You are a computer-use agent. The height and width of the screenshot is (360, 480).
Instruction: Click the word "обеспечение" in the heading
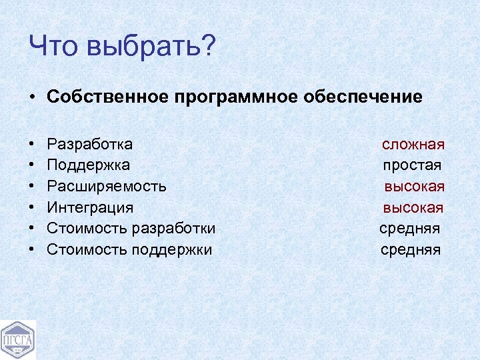pyautogui.click(x=364, y=97)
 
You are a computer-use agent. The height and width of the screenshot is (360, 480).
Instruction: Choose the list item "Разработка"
pyautogui.click(x=90, y=145)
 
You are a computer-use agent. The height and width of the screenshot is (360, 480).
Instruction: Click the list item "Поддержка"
pyautogui.click(x=89, y=165)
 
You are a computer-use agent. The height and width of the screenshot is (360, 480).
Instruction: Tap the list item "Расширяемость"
pyautogui.click(x=107, y=187)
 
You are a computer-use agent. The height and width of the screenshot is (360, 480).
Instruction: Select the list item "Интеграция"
pyautogui.click(x=90, y=208)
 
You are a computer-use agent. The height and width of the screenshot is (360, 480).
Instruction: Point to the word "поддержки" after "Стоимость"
pyautogui.click(x=172, y=250)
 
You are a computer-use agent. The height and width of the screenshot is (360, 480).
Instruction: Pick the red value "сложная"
pyautogui.click(x=413, y=145)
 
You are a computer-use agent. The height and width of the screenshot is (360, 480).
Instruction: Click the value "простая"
pyautogui.click(x=412, y=165)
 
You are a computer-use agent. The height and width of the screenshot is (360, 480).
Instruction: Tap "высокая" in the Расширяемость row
pyautogui.click(x=414, y=187)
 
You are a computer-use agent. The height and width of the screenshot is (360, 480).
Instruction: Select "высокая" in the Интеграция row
pyautogui.click(x=413, y=208)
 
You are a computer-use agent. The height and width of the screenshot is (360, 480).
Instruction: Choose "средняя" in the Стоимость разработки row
pyautogui.click(x=410, y=229)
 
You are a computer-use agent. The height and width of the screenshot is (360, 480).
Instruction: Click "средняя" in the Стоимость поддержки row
pyautogui.click(x=411, y=250)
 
